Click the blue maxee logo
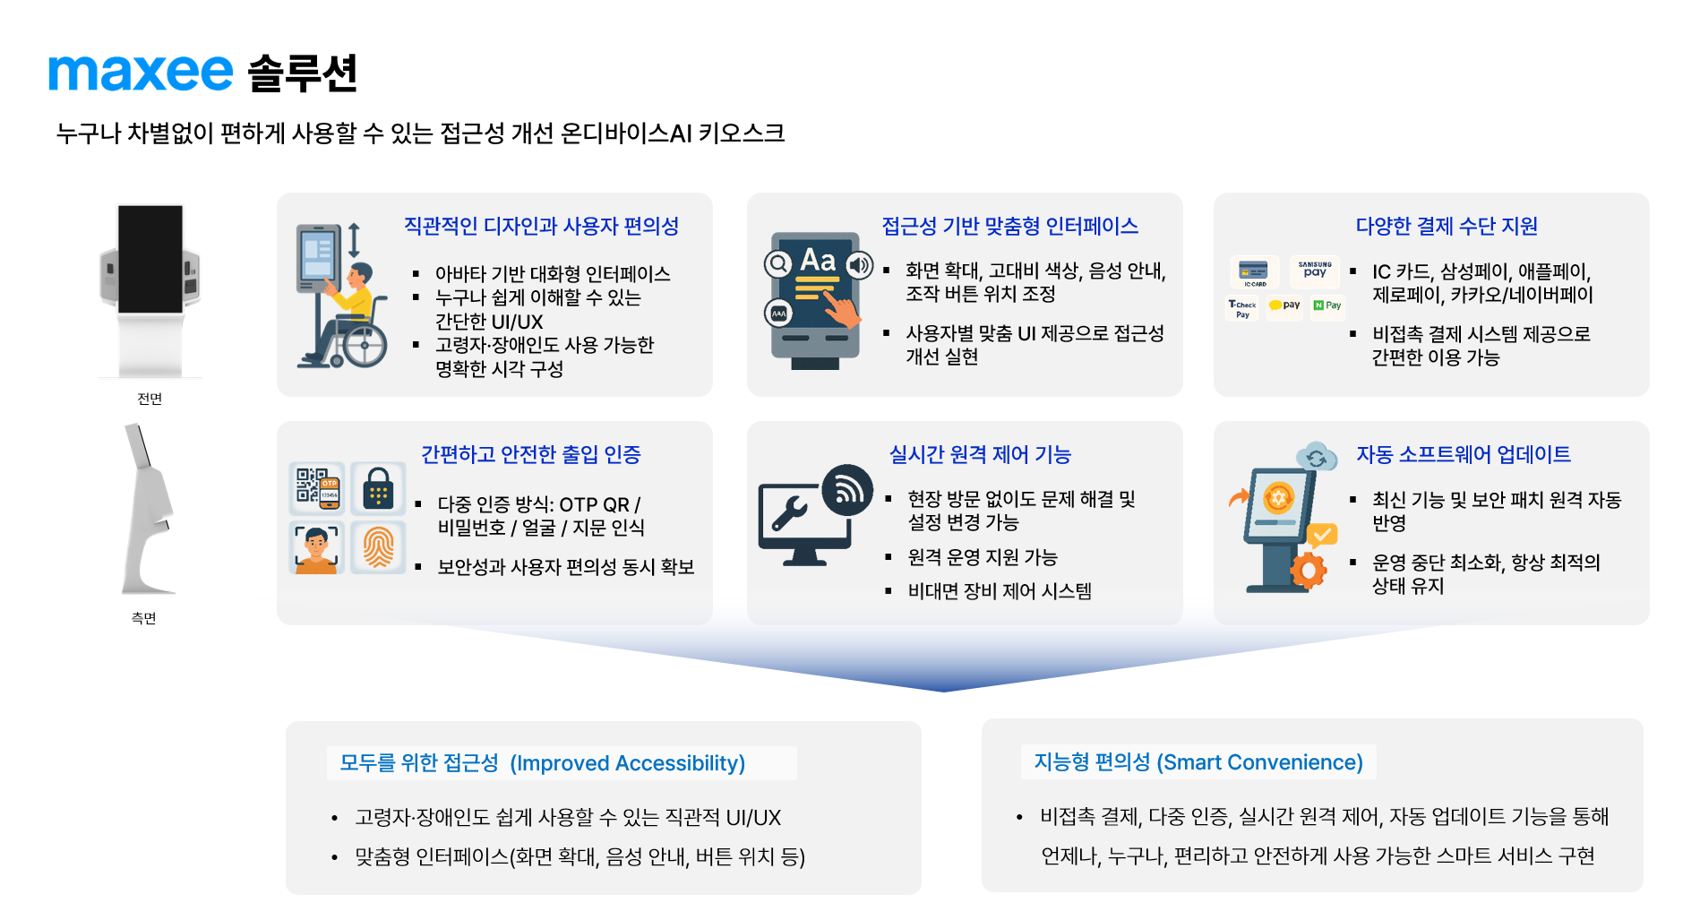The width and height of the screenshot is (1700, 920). pyautogui.click(x=141, y=73)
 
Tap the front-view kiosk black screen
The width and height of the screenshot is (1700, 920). pyautogui.click(x=150, y=259)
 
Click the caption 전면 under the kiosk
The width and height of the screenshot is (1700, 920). pyautogui.click(x=150, y=399)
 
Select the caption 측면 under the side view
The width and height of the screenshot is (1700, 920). pyautogui.click(x=143, y=618)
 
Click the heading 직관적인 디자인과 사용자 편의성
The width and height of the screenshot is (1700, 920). pyautogui.click(x=541, y=226)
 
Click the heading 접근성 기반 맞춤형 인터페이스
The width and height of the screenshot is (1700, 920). pyautogui.click(x=1009, y=226)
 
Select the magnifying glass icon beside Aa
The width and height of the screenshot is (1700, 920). pyautogui.click(x=778, y=264)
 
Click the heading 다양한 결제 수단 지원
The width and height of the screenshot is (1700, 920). pyautogui.click(x=1447, y=226)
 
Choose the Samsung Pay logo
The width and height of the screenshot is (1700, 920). pyautogui.click(x=1315, y=270)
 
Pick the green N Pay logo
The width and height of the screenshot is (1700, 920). pyautogui.click(x=1327, y=305)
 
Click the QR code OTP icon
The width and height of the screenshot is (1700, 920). pyautogui.click(x=317, y=488)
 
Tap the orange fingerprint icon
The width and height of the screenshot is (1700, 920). pyautogui.click(x=378, y=546)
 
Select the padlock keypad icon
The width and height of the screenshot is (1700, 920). pyautogui.click(x=378, y=488)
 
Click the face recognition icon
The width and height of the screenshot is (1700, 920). pyautogui.click(x=317, y=546)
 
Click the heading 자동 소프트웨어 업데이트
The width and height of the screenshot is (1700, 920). pyautogui.click(x=1464, y=454)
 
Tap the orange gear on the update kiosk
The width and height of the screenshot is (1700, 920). pyautogui.click(x=1309, y=570)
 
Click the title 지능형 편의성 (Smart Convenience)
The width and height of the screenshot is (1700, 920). pyautogui.click(x=1198, y=762)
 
